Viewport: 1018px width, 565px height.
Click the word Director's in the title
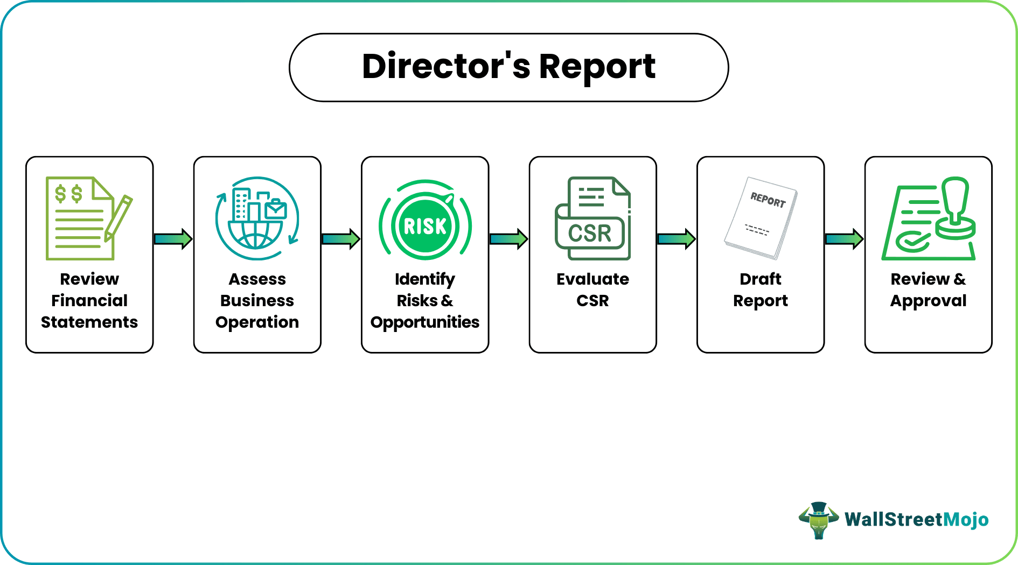coord(446,67)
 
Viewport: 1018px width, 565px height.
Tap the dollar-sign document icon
coord(79,218)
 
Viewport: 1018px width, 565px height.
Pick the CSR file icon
coord(592,218)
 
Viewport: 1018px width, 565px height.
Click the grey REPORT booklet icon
coord(761,218)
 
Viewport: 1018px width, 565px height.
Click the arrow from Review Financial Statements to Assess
coord(173,239)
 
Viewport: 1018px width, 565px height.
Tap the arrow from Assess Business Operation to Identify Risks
coord(341,239)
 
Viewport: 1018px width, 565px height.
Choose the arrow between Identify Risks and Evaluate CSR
coord(508,239)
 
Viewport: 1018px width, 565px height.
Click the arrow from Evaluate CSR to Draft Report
coord(677,239)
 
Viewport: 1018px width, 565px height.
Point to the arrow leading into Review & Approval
coord(844,239)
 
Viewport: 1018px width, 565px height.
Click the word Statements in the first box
coord(89,322)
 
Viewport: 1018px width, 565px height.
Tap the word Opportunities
coord(425,322)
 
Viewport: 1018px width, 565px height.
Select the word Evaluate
coord(592,279)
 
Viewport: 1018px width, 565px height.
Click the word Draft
coord(760,279)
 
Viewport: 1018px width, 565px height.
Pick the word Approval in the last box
coord(928,300)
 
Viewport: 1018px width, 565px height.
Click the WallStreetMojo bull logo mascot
coord(818,520)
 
